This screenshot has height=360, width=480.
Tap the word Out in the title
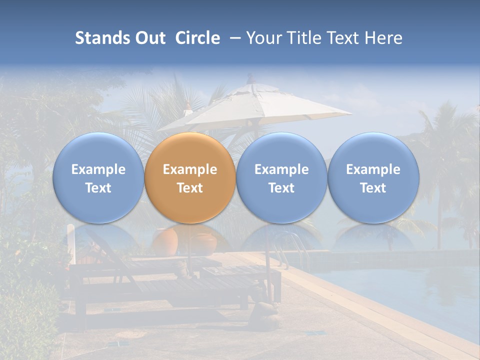point(149,38)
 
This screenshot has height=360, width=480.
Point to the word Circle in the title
point(197,38)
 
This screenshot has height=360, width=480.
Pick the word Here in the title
point(384,38)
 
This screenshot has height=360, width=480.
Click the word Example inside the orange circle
point(190,169)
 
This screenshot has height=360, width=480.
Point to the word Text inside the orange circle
point(190,188)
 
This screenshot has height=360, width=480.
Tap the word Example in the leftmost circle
point(98,169)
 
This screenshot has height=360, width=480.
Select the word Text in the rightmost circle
point(373,188)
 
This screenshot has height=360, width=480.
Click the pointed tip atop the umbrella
point(250,77)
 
